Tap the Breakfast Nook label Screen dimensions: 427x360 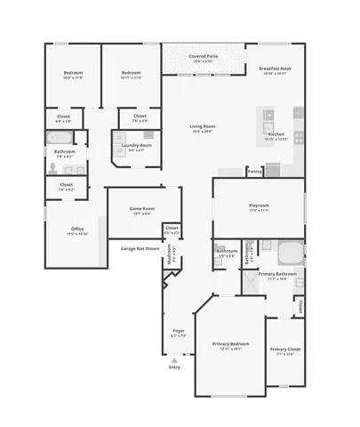coord(274,68)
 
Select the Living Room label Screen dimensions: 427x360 coord(203,126)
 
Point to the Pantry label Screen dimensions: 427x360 coord(255,172)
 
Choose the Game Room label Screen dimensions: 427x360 coord(141,208)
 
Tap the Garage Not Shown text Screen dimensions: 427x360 coord(140,249)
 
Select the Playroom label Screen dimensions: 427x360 coord(259,205)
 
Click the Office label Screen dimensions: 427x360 coord(77,229)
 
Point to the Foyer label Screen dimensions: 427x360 coord(179,331)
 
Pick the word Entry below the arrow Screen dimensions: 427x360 coord(174,367)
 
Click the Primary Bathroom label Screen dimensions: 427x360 coord(277,274)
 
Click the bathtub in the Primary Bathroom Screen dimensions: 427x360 coord(289,248)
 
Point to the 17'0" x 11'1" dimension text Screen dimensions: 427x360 coord(259,211)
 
